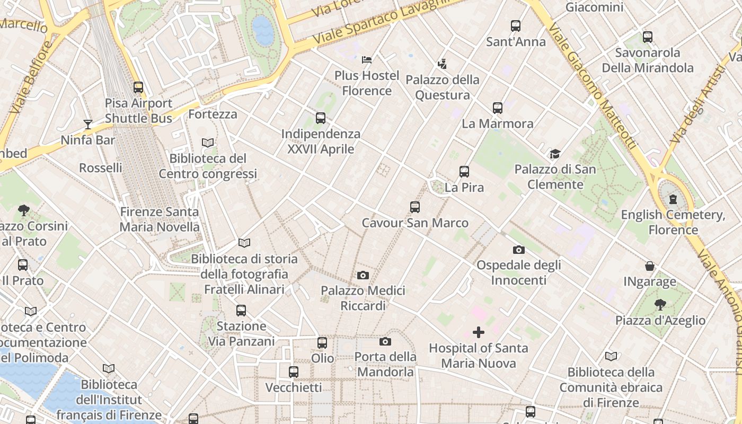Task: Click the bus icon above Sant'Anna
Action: point(515,25)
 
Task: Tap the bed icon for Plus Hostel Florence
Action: point(367,59)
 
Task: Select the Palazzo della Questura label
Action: point(443,87)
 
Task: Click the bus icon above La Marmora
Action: point(497,108)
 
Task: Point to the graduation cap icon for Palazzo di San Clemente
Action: point(555,154)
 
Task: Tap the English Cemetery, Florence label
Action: point(673,222)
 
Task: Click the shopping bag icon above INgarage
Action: point(650,266)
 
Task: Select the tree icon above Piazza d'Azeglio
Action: point(660,304)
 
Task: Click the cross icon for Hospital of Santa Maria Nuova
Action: point(478,332)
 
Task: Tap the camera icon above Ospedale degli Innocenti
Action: point(518,250)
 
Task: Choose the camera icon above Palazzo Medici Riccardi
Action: point(363,275)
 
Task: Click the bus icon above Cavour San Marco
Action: point(414,207)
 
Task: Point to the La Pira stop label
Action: point(464,188)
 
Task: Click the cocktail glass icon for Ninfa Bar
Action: point(88,125)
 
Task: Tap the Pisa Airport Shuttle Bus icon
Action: point(138,87)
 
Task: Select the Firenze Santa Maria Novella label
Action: point(160,219)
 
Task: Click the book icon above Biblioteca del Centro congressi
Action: point(208,143)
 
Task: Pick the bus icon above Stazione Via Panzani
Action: point(241,310)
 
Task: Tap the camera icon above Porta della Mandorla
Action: point(385,341)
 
